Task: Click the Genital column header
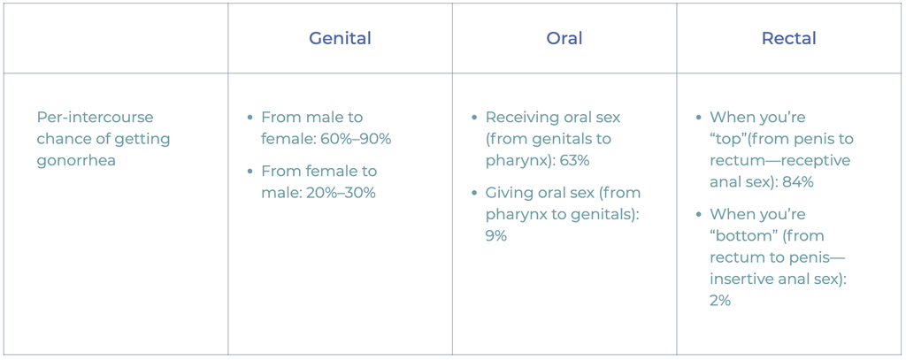pyautogui.click(x=340, y=39)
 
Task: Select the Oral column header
pyautogui.click(x=564, y=39)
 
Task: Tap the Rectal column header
pyautogui.click(x=788, y=39)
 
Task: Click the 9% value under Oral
pyautogui.click(x=495, y=236)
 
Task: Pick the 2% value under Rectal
pyautogui.click(x=720, y=301)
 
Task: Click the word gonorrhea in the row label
pyautogui.click(x=76, y=161)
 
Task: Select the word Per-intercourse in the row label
pyautogui.click(x=95, y=118)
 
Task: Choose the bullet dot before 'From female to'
pyautogui.click(x=250, y=172)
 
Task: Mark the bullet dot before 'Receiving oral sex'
pyautogui.click(x=475, y=118)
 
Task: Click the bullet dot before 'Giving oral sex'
pyautogui.click(x=475, y=193)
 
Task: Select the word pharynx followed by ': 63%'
pyautogui.click(x=517, y=161)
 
